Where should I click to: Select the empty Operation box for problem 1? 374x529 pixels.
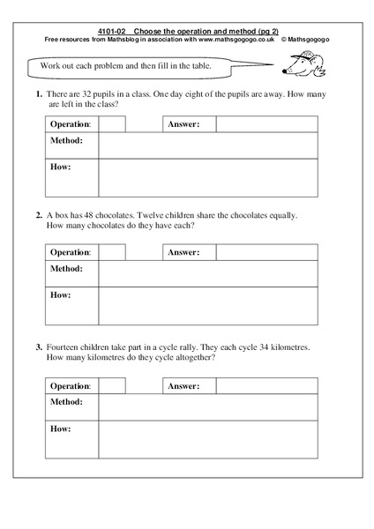click(x=112, y=124)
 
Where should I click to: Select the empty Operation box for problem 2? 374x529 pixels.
click(x=112, y=253)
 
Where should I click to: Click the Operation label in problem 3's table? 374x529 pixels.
click(x=71, y=386)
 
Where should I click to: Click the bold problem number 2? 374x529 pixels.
click(x=39, y=213)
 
